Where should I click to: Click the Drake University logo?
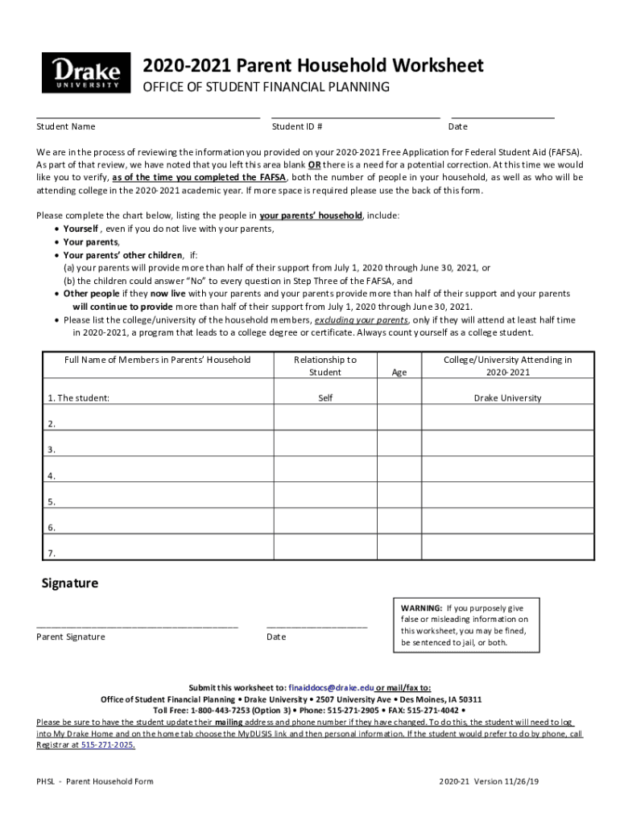(x=85, y=73)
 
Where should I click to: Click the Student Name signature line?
(x=147, y=117)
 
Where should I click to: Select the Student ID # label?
(x=297, y=126)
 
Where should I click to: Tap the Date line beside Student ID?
(x=502, y=117)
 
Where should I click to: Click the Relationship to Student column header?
(x=325, y=366)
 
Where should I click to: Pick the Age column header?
(x=399, y=373)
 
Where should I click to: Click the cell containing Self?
(x=325, y=398)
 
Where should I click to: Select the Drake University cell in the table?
(x=507, y=398)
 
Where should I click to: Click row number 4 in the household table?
(x=52, y=476)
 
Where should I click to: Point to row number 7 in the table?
(x=52, y=554)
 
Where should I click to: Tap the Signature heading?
(x=70, y=583)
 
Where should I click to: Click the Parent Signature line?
(x=137, y=625)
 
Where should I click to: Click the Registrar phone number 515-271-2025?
(x=107, y=745)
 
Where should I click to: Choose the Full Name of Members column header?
(x=157, y=360)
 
